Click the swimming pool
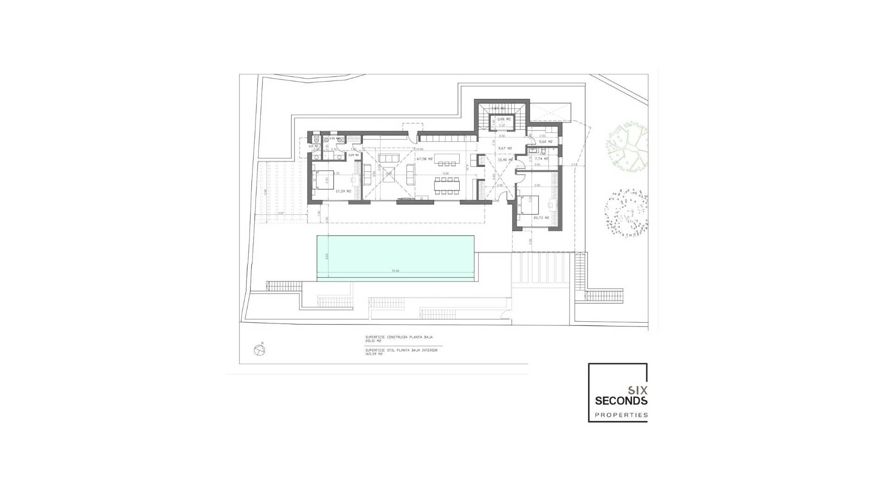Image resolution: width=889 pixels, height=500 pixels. point(395,257)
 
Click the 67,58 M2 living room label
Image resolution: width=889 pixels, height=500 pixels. point(424,159)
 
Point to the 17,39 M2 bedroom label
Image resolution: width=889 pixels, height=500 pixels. point(343,191)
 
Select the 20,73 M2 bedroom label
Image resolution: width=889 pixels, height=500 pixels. point(541,218)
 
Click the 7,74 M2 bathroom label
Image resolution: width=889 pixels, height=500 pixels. point(541,158)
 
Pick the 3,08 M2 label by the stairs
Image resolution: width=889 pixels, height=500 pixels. point(504,119)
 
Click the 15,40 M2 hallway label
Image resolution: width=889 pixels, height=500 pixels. point(505,160)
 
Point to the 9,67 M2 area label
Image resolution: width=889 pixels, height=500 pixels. point(505,148)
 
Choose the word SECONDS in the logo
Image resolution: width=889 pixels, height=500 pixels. point(621,400)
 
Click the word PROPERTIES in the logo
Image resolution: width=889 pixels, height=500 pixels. point(621,415)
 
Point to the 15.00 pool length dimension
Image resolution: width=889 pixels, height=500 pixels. point(395,271)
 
